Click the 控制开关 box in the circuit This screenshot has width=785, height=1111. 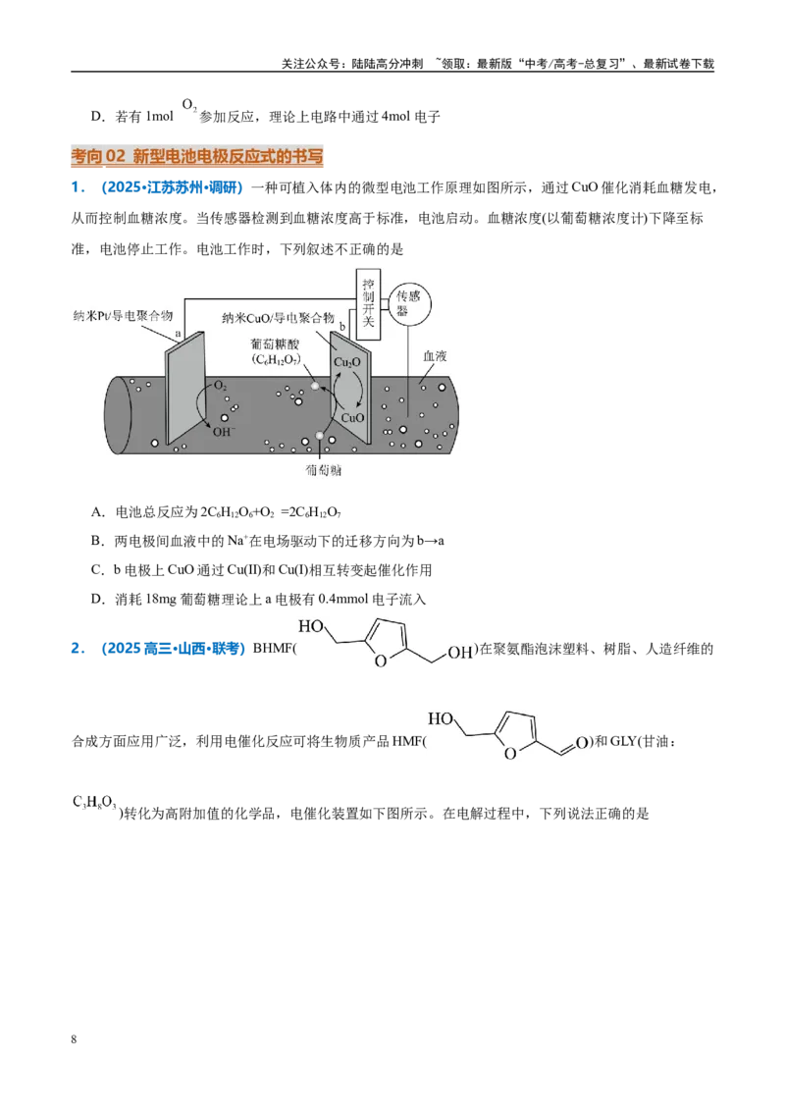pos(368,302)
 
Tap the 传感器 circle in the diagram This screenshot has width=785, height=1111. pos(408,303)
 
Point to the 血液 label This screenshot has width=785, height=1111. pos(435,355)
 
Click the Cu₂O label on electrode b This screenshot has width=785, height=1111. pos(347,363)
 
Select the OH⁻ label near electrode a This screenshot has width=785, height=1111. pos(224,431)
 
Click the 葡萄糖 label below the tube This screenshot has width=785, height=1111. pos(323,470)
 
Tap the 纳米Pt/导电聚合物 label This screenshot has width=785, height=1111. pos(123,315)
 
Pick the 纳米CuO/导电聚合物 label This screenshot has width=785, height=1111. pos(278,318)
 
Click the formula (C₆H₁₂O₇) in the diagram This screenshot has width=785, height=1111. pos(276,360)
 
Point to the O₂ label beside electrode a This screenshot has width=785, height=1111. pos(221,386)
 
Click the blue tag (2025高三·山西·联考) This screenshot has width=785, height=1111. pos(174,649)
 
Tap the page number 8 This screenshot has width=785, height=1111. pos(74,1039)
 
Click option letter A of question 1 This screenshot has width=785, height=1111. pos(97,511)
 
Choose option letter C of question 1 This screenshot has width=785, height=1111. pos(97,569)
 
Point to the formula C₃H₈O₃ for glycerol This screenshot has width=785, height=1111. pos(95,803)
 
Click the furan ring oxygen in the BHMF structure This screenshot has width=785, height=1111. pos(381,661)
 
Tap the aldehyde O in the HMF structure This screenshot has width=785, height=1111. pos(582,743)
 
